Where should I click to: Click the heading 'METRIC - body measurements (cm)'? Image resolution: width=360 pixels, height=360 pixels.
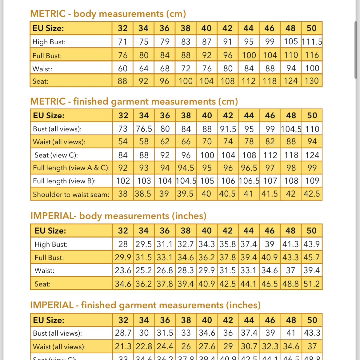click(108, 14)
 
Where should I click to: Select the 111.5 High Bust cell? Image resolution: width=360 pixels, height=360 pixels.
click(312, 42)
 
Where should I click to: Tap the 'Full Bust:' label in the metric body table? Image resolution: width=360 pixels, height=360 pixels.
click(47, 56)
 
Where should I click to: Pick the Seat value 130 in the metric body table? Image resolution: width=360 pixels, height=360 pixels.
click(312, 81)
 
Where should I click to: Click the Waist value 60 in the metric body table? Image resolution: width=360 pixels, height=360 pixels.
click(122, 68)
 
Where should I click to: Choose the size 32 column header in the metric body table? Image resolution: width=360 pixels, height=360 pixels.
click(122, 28)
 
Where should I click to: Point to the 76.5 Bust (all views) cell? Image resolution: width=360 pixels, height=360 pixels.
click(144, 129)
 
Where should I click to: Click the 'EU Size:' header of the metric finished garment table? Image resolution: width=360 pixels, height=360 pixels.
click(49, 116)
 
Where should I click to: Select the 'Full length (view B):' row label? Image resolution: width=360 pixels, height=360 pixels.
click(64, 181)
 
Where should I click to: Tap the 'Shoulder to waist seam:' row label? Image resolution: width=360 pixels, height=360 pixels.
click(71, 194)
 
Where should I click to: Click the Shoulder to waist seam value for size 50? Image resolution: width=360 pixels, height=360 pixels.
click(312, 194)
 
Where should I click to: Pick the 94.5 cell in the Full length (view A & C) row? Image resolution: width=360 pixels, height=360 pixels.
click(186, 168)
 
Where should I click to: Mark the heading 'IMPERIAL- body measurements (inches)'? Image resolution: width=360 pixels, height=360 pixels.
click(118, 216)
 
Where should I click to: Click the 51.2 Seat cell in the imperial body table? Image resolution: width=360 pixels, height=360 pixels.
click(311, 284)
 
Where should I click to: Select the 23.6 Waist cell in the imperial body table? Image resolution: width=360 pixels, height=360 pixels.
click(123, 270)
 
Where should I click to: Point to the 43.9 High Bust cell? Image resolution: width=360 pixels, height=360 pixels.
click(311, 244)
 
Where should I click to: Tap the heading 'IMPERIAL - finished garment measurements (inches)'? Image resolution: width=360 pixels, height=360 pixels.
click(145, 305)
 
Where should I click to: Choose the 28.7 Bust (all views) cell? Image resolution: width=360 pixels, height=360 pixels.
click(123, 333)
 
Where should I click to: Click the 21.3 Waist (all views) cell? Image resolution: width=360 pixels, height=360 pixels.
click(123, 346)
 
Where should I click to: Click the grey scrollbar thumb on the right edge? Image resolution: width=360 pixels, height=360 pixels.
click(356, 49)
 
